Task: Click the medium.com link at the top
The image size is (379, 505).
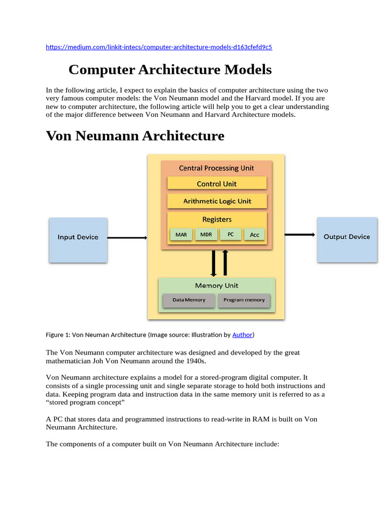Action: coord(159,47)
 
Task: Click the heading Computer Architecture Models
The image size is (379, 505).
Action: coord(170,70)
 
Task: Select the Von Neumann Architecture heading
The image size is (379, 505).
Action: coord(135,136)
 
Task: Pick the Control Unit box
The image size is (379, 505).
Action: coord(217,184)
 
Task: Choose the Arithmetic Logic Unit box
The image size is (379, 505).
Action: coord(217,201)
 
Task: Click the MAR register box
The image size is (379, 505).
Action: coord(181,235)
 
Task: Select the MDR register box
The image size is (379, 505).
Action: coord(206,234)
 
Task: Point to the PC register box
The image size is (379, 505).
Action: coord(230,234)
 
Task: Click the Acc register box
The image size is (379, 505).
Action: coord(254,235)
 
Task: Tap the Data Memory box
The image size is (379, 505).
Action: coord(189,300)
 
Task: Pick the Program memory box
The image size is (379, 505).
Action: coord(244,300)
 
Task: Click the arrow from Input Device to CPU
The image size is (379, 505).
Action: coord(127,238)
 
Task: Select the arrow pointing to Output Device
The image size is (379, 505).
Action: coord(300,235)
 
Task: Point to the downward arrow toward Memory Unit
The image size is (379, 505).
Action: coord(214,263)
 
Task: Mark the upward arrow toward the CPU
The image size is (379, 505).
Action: coord(226,262)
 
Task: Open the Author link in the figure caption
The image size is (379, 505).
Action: coord(242,335)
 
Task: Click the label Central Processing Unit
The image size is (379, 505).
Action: coord(216,168)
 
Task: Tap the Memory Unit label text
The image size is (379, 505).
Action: coord(217,286)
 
